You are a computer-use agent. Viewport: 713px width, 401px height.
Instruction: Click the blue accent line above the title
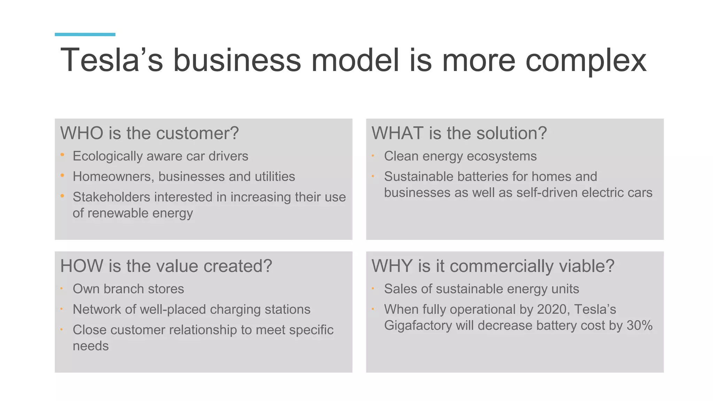(x=85, y=34)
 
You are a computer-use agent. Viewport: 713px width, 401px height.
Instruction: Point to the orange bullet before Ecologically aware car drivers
(x=62, y=155)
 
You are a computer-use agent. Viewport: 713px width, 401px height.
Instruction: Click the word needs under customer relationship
(x=91, y=346)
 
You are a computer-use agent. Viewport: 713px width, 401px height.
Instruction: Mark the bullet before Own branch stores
(x=61, y=289)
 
